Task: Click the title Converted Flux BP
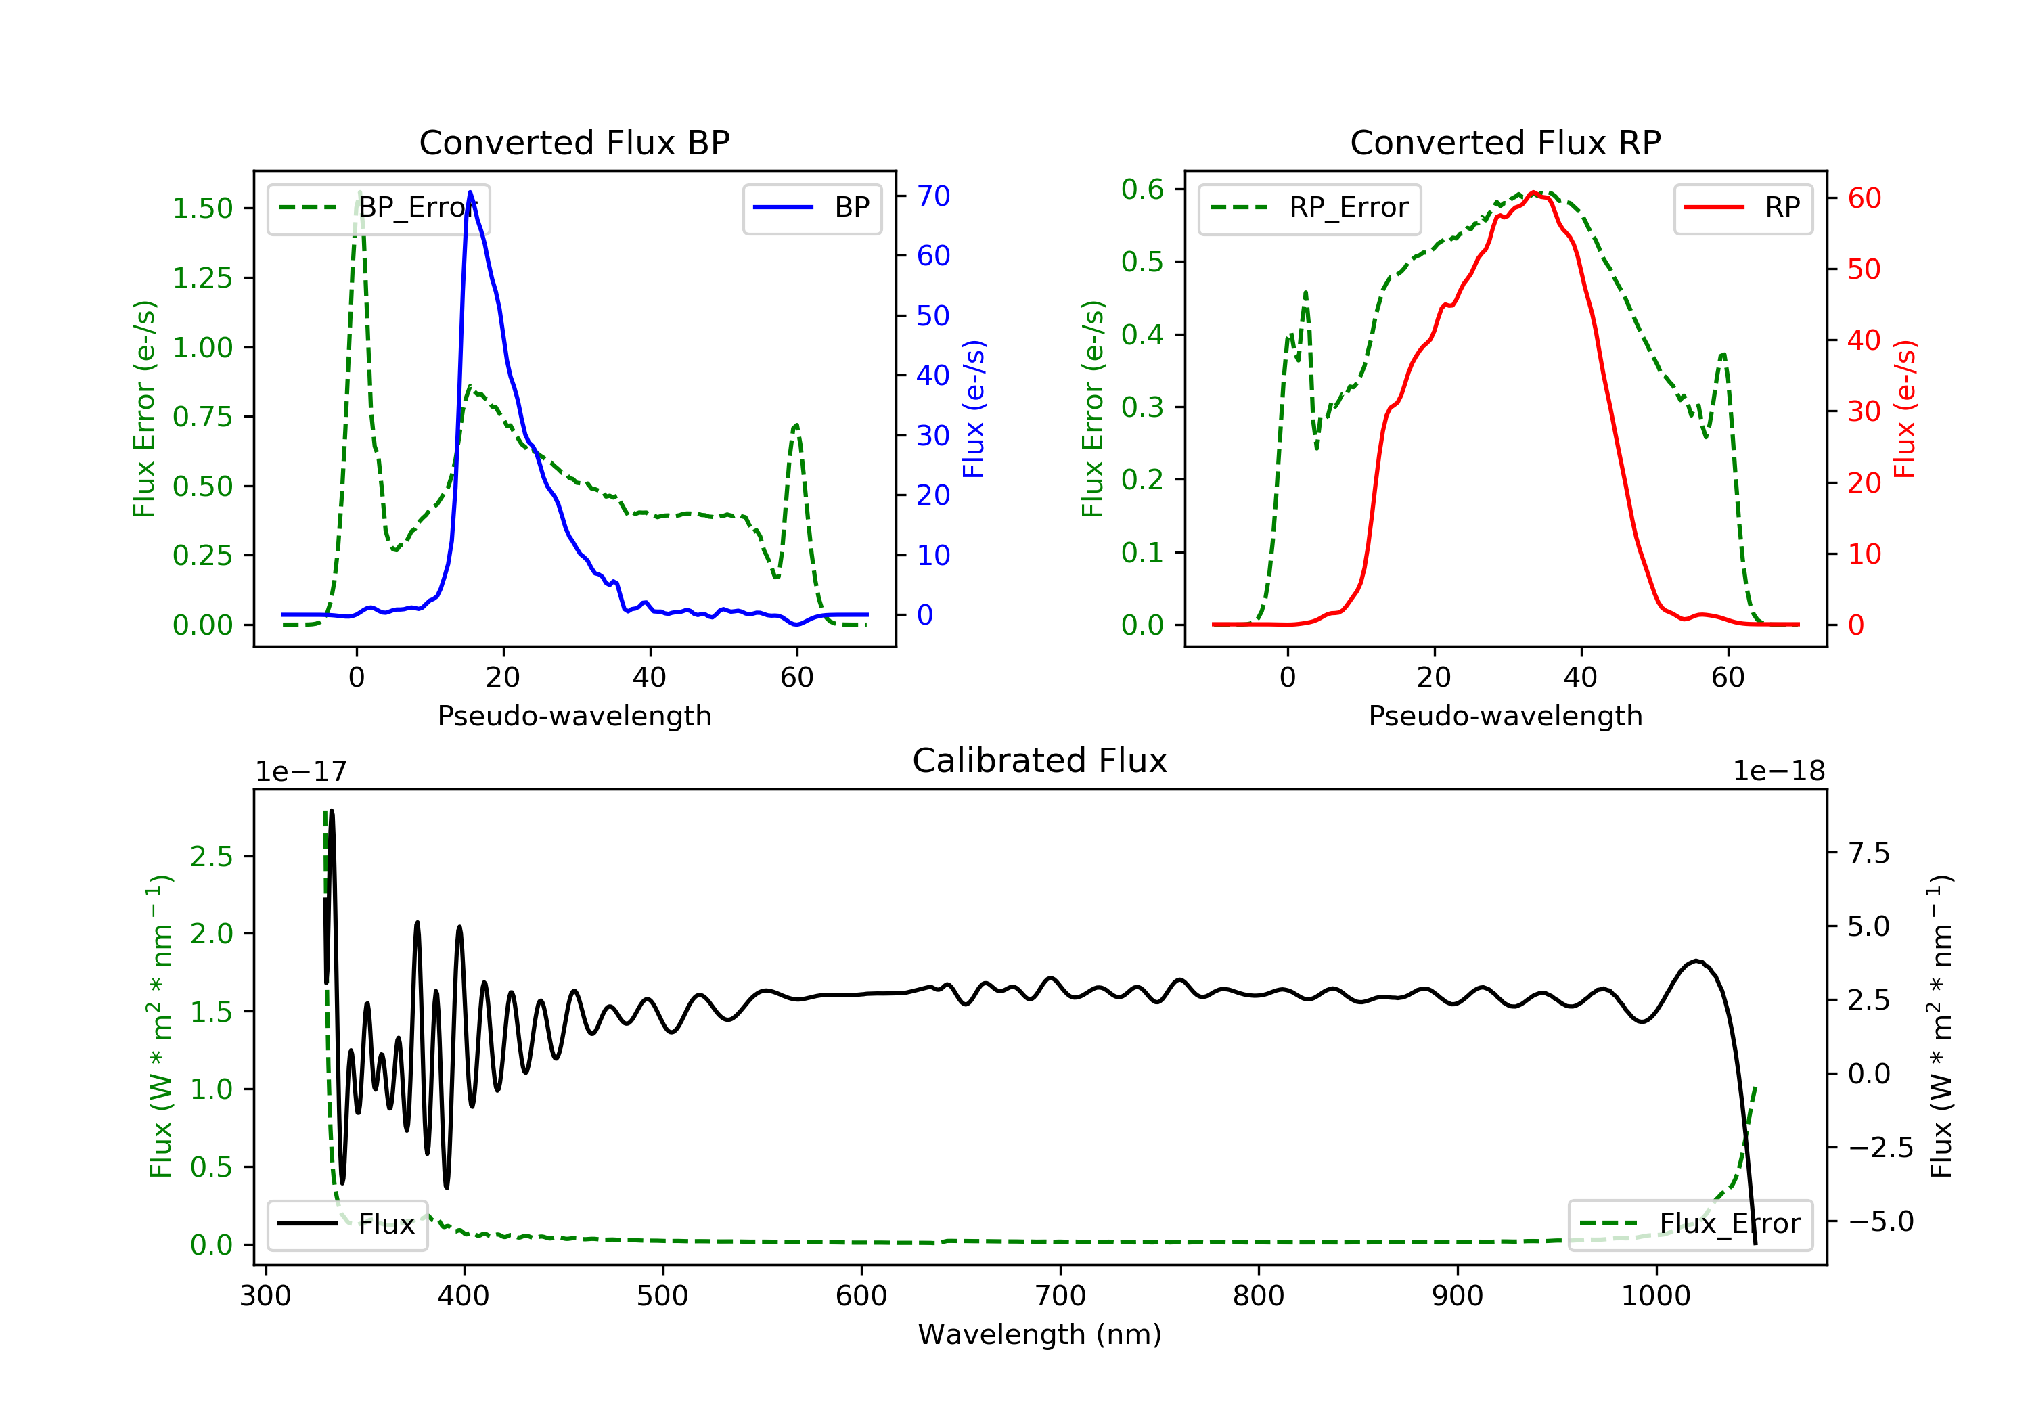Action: coord(574,142)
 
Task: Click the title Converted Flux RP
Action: coord(1506,142)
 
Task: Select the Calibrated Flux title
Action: coord(1040,761)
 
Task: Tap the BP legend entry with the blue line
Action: coord(811,208)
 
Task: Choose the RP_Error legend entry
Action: coord(1309,208)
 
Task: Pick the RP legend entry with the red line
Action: coord(1742,208)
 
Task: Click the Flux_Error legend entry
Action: coord(1690,1224)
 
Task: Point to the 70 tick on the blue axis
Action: coord(932,196)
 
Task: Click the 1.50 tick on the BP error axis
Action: coord(202,208)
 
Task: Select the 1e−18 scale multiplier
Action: coord(1779,771)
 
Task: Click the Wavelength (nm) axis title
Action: coord(1040,1334)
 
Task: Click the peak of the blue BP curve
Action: coord(470,192)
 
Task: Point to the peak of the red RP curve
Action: coord(1534,193)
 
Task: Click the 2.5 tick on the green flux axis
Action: coord(211,856)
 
